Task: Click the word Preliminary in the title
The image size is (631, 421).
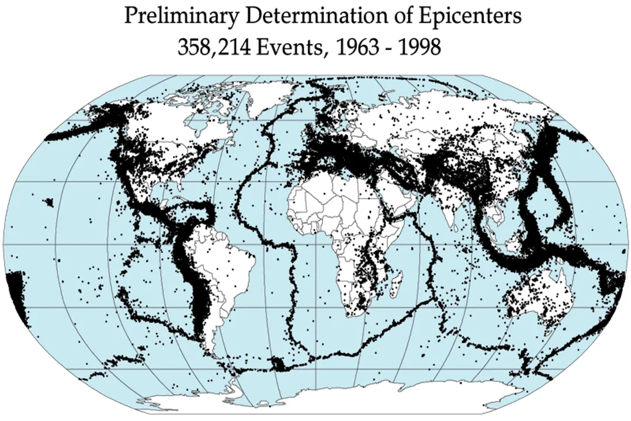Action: click(181, 16)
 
